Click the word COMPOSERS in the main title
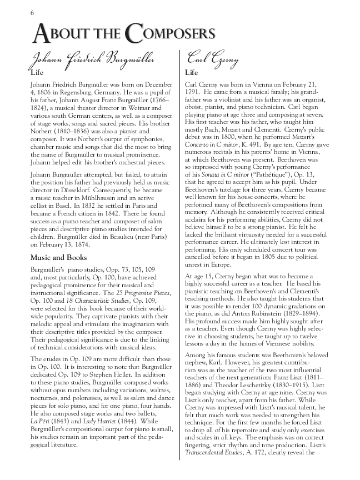170,34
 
